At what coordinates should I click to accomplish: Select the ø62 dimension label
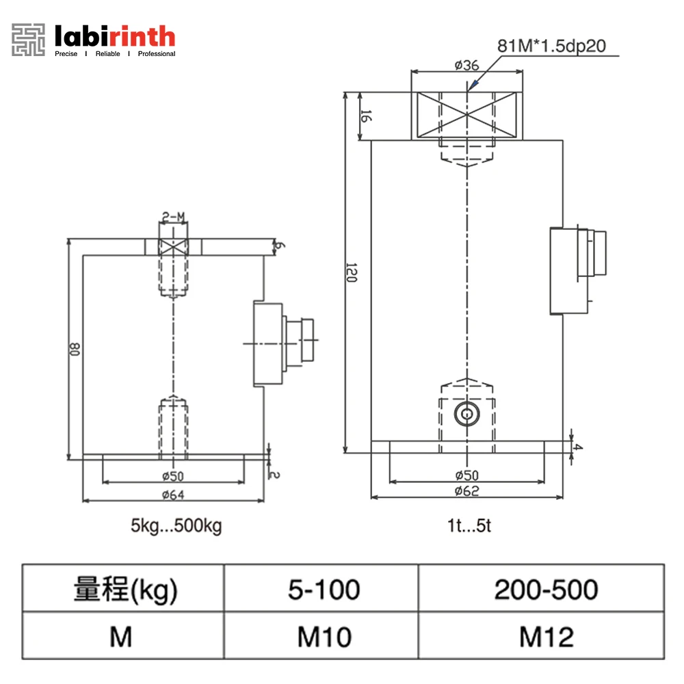(x=467, y=490)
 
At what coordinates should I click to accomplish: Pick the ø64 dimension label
(x=172, y=495)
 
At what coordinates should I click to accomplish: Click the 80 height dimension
(x=74, y=350)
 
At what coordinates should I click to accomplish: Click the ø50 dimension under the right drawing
(x=467, y=475)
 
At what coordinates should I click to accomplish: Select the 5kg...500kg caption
(x=176, y=527)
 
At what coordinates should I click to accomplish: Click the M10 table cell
(x=324, y=637)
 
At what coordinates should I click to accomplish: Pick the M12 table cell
(x=545, y=637)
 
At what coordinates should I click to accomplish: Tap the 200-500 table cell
(x=545, y=589)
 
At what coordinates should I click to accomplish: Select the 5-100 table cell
(x=324, y=589)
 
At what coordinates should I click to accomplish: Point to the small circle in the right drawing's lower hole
(x=467, y=413)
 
